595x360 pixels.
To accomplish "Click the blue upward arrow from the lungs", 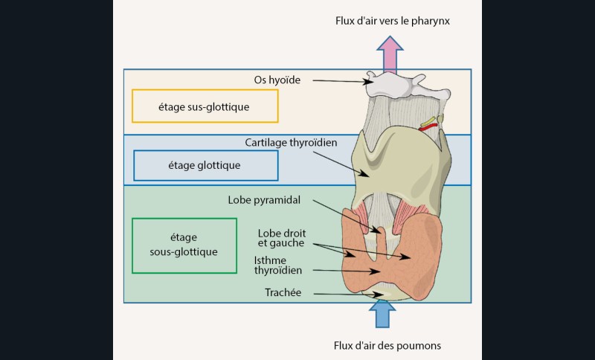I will [x=382, y=313].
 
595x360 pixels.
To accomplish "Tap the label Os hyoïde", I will [x=277, y=79].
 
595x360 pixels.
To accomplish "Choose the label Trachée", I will [x=283, y=293].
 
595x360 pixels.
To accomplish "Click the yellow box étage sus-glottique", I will [x=205, y=106].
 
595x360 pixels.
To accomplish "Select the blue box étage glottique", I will [x=205, y=165].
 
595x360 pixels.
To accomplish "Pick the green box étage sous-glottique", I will [x=184, y=245].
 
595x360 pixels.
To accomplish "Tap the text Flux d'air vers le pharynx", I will [x=392, y=21].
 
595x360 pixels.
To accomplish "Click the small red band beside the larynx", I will [x=428, y=127].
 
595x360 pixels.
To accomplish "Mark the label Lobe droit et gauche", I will [x=282, y=238].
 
